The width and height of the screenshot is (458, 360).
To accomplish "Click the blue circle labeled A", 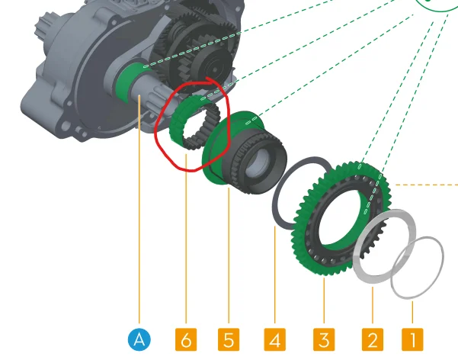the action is (x=139, y=339).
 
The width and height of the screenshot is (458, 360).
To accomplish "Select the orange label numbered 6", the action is (x=186, y=339).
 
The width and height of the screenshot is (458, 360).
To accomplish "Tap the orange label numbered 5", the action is (x=229, y=339).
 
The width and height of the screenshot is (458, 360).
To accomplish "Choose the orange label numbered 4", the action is (x=275, y=339).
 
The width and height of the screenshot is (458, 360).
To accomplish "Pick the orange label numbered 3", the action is (x=324, y=339).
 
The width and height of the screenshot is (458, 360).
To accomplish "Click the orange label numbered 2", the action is (x=373, y=339).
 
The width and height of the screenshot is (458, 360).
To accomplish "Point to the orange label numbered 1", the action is (x=412, y=339).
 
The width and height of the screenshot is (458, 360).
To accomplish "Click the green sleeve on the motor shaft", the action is (x=124, y=82).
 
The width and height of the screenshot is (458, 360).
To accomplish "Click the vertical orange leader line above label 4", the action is (x=275, y=275).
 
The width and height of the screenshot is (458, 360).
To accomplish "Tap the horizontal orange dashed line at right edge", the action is (x=427, y=185).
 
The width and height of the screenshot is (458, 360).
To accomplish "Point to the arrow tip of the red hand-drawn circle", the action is (x=206, y=78).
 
